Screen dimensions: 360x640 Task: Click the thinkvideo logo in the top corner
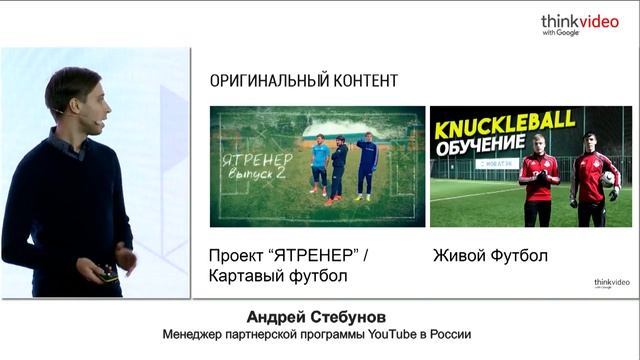(580, 23)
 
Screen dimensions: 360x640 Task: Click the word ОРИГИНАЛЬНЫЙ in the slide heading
(257, 80)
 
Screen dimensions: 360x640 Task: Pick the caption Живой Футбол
(490, 256)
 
